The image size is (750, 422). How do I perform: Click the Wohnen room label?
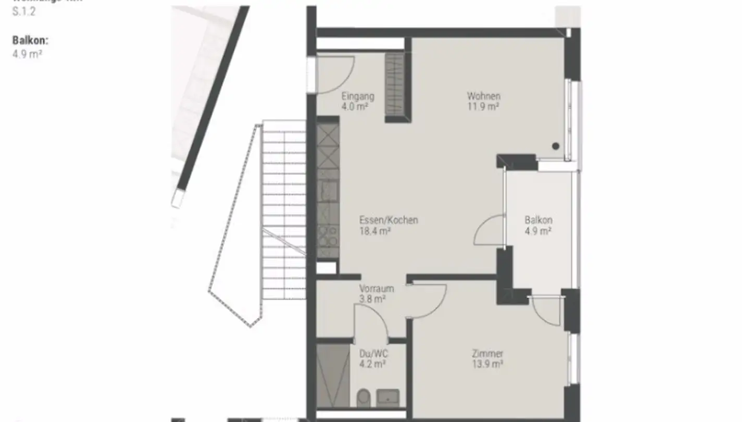tap(483, 96)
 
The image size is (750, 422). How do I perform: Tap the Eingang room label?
tap(358, 96)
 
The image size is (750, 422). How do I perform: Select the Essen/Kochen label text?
tap(389, 220)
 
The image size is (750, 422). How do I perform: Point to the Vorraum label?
tap(376, 289)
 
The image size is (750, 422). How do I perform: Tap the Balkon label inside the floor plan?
tap(538, 220)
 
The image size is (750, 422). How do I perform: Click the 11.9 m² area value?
tap(483, 107)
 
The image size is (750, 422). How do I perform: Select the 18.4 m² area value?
tap(375, 231)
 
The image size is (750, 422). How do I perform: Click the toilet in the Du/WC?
tap(362, 399)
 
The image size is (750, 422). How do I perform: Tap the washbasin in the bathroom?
tap(388, 398)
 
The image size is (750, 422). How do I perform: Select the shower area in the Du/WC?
tap(333, 374)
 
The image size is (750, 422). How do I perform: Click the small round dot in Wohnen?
tap(556, 146)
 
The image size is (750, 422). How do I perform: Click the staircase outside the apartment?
tap(284, 208)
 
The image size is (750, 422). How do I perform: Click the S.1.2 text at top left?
tap(24, 12)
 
